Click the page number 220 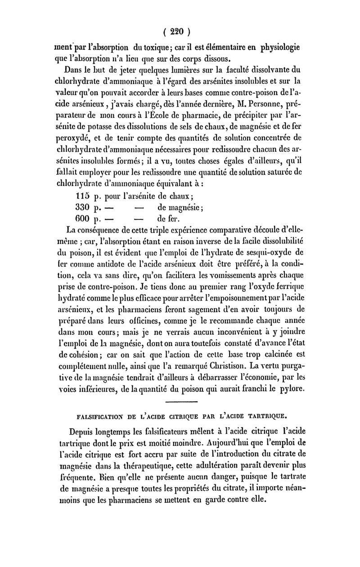(x=182, y=32)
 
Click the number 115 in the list (x=84, y=196)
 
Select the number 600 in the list (x=84, y=219)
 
